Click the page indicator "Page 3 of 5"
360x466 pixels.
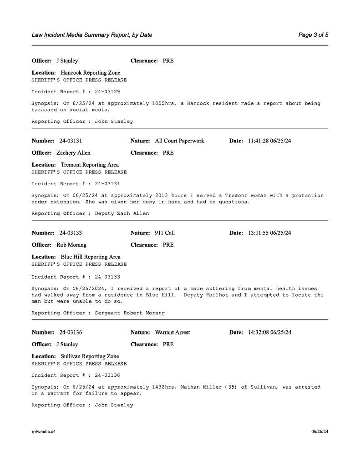313,35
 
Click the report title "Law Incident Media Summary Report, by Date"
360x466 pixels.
92,35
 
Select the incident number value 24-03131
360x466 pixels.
71,141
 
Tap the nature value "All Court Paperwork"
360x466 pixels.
179,141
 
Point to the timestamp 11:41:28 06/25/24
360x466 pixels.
269,141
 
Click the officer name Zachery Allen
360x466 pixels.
73,153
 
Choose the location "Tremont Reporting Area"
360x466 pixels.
90,165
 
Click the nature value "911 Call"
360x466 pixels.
165,233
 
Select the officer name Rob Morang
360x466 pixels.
71,245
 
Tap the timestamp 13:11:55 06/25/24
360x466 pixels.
269,233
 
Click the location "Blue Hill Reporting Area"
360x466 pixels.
91,257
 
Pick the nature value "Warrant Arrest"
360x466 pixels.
172,332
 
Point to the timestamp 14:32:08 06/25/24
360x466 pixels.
269,332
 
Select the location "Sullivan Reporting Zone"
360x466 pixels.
90,356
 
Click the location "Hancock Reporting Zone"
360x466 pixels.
90,73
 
